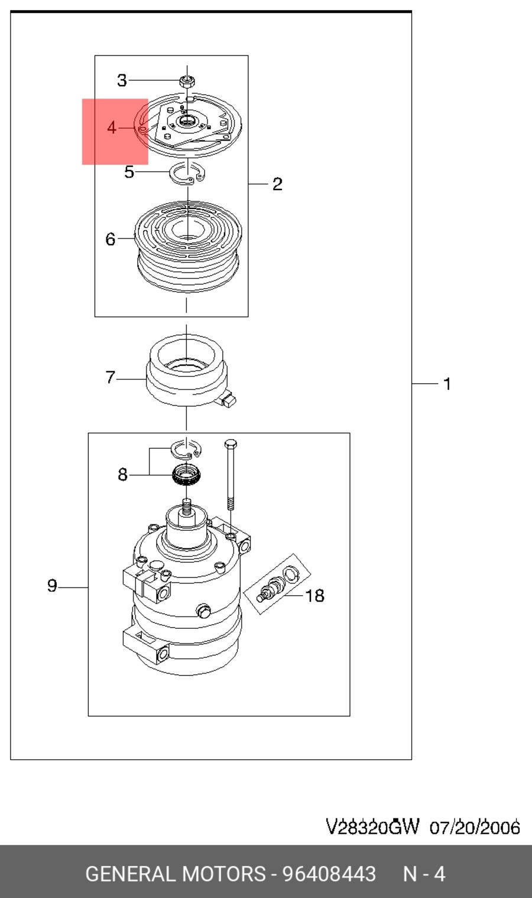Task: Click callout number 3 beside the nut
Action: coord(122,80)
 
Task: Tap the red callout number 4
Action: coord(112,128)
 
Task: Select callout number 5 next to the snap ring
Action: coord(129,172)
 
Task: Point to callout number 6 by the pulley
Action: coord(111,239)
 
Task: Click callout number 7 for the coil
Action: coord(111,377)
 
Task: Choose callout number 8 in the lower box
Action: coord(122,475)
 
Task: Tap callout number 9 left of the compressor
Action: coord(52,586)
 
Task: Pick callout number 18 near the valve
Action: coord(315,596)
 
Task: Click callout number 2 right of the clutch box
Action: coord(277,184)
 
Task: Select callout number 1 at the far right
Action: coord(447,384)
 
